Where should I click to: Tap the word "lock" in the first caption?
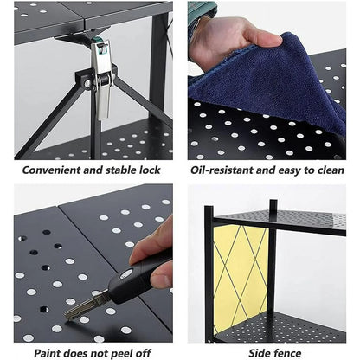coord(149,170)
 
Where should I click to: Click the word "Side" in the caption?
coord(259,353)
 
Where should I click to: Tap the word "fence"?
coord(287,353)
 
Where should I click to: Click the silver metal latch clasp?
coord(101,80)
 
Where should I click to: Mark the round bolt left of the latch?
coord(87,84)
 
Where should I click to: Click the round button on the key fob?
coord(126,273)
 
